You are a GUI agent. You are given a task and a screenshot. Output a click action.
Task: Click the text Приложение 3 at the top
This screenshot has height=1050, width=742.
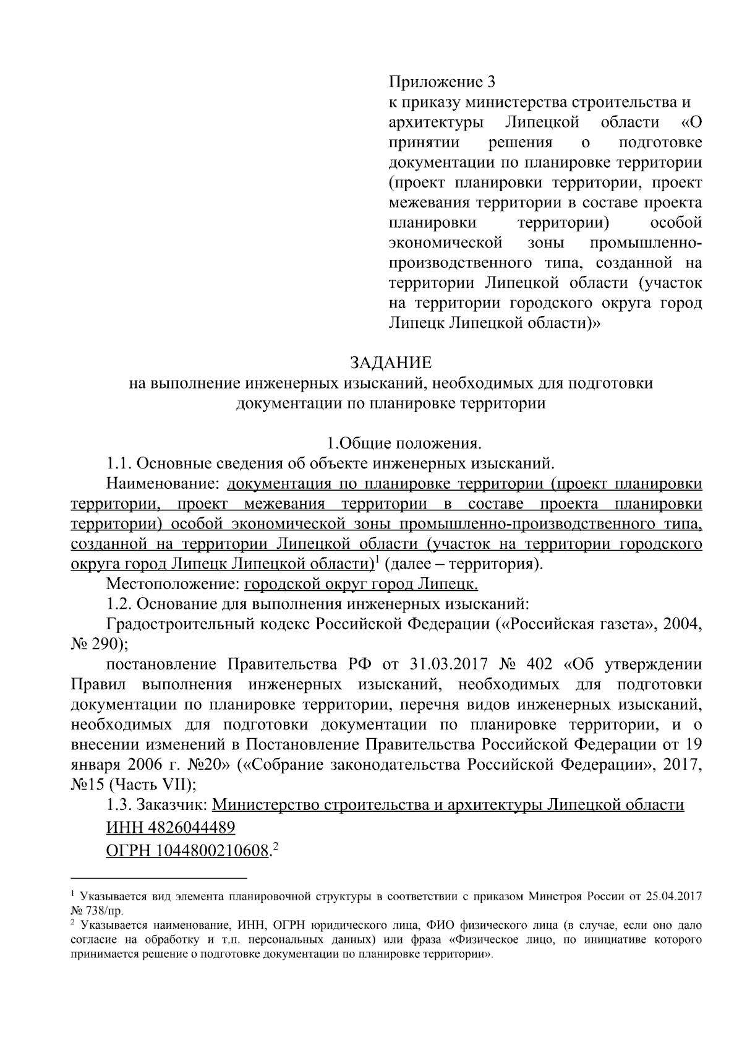(442, 82)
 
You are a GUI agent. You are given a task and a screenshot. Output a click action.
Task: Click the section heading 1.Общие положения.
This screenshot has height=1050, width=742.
(404, 443)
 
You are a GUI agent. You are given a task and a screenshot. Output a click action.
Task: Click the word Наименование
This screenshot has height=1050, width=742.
(160, 483)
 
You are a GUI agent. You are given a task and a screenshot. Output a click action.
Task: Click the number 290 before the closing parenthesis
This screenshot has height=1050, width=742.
(109, 643)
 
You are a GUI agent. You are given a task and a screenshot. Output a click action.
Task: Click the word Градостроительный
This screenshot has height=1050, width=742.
(207, 624)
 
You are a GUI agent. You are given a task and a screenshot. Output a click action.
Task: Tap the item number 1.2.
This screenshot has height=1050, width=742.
(119, 603)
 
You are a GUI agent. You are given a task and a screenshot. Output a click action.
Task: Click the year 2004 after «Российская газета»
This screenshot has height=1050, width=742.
(681, 624)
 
